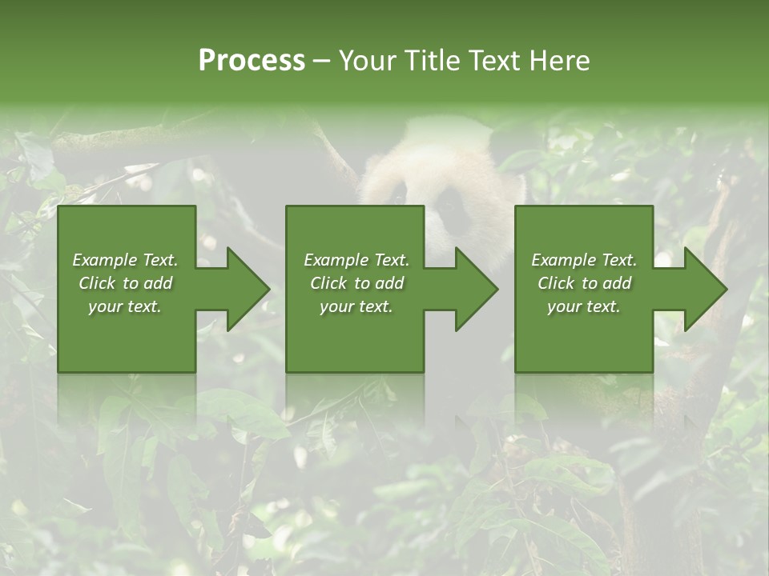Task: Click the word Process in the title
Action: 252,61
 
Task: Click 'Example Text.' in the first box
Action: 125,260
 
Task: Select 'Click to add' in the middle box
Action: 356,283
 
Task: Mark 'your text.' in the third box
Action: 584,306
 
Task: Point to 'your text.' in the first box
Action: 125,306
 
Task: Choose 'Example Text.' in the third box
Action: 584,260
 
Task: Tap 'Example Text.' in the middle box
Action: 356,260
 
